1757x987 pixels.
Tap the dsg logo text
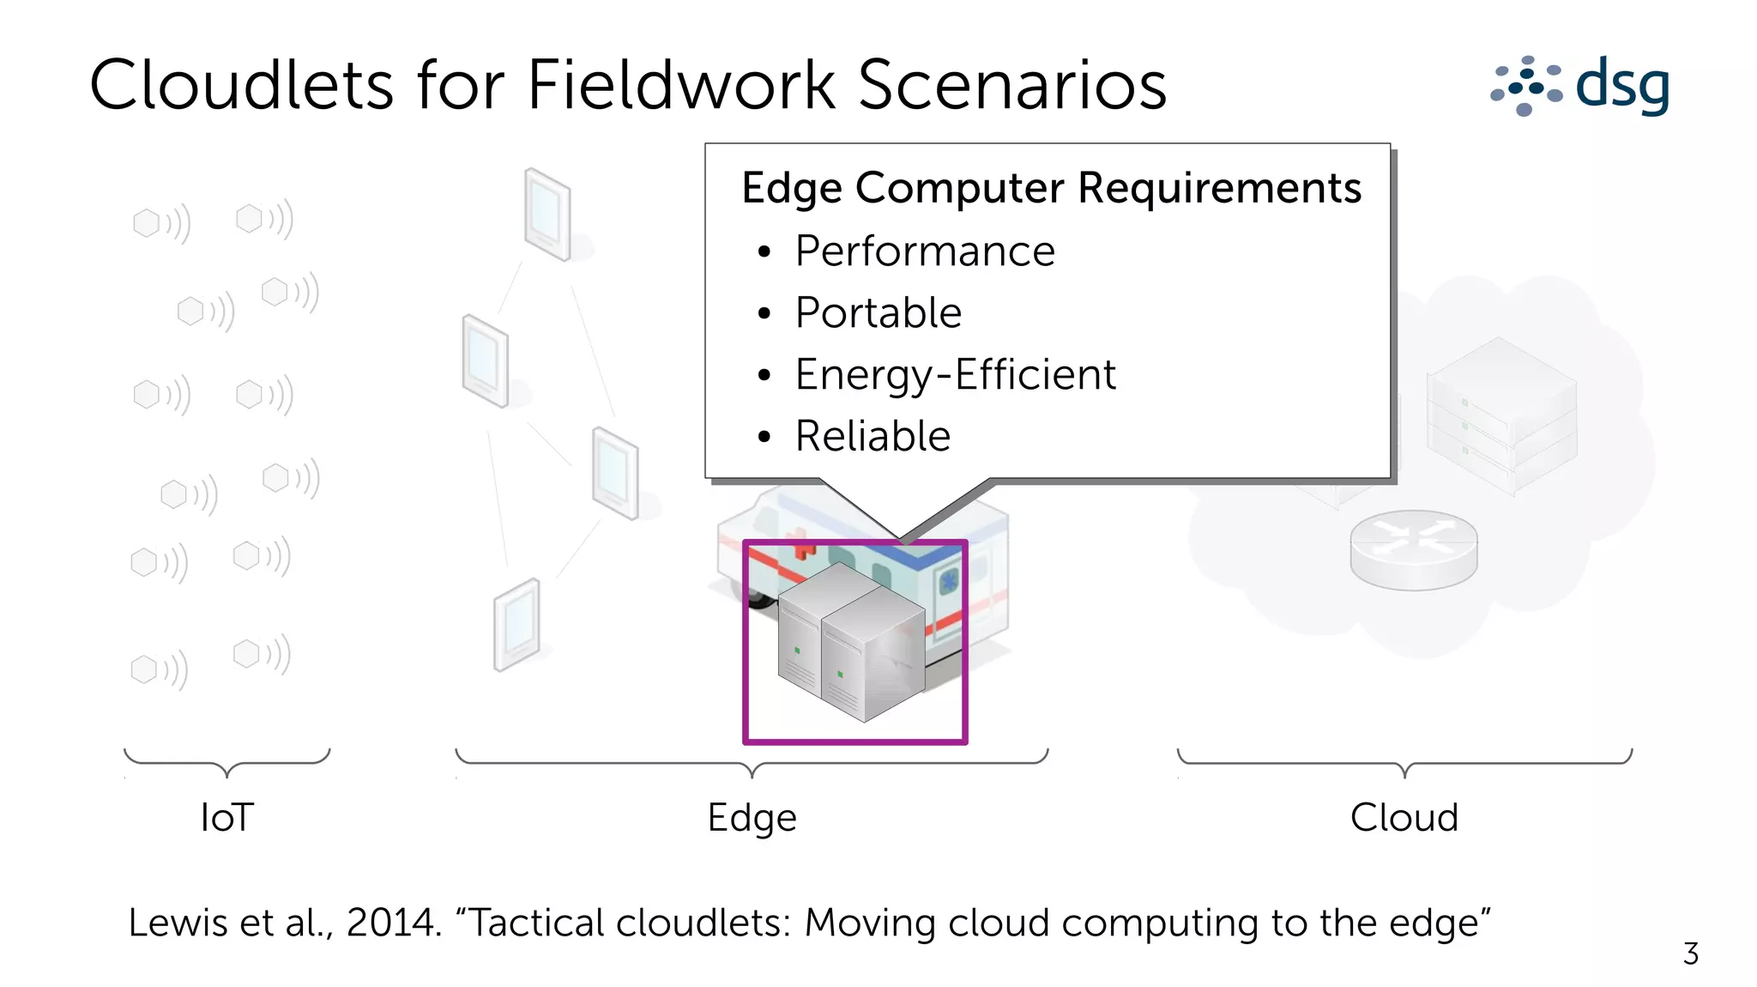coord(1622,84)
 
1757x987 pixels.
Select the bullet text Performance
coord(924,251)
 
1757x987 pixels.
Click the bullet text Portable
coord(878,313)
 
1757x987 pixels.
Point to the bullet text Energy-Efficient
coord(955,375)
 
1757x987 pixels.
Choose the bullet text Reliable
coord(872,437)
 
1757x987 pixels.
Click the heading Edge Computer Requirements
coord(1051,188)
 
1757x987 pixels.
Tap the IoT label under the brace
coord(226,817)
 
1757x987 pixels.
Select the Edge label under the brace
coord(752,817)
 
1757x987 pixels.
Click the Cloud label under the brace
coord(1404,817)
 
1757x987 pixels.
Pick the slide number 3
coord(1690,954)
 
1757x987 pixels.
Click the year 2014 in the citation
coord(391,923)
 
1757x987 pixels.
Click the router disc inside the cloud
coord(1414,549)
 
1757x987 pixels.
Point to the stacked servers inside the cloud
coord(1501,412)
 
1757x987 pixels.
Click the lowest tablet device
coord(516,624)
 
